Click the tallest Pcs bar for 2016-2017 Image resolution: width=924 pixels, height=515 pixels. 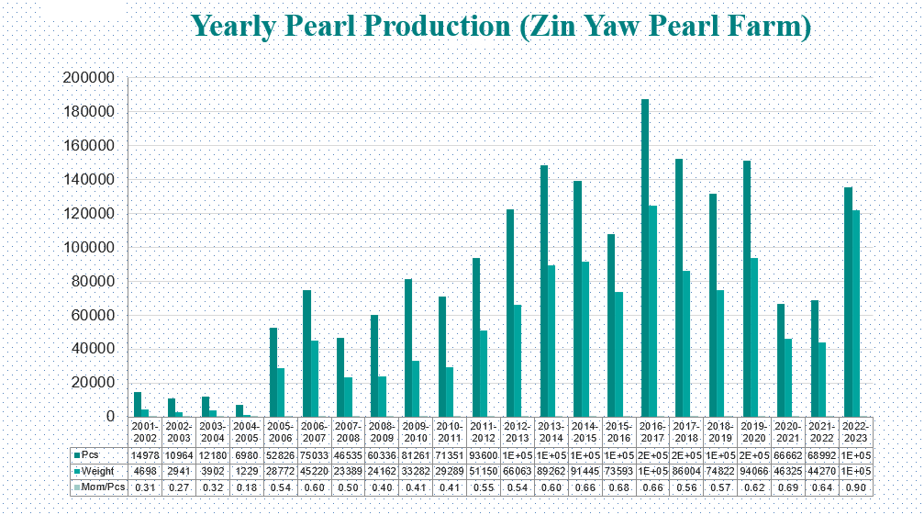(x=645, y=257)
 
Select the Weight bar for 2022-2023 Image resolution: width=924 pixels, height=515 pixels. (x=855, y=313)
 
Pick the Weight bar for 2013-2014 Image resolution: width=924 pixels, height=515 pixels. (x=551, y=341)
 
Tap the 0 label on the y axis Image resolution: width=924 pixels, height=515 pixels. (x=109, y=417)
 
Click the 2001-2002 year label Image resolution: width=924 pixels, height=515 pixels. (x=145, y=432)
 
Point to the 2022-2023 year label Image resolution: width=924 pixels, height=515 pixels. (x=856, y=432)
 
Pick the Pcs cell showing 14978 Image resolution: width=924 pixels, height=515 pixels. (x=145, y=453)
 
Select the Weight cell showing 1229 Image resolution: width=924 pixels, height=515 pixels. (x=247, y=470)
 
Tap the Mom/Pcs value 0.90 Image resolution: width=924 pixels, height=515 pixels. (x=856, y=487)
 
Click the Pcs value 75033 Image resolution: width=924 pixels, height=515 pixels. (x=315, y=453)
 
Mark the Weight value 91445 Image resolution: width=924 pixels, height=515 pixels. (x=585, y=470)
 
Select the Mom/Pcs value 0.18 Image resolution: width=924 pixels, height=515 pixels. (x=247, y=487)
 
